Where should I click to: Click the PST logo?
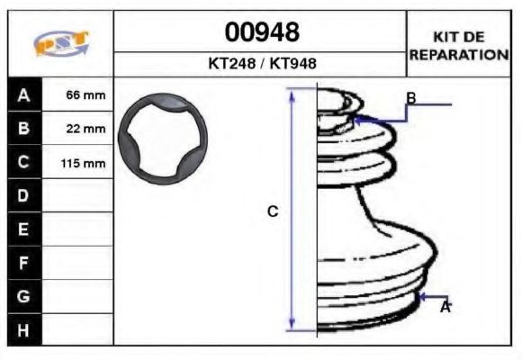(x=61, y=43)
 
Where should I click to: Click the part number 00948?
(x=262, y=32)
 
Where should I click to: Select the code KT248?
(x=232, y=63)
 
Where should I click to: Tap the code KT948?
(x=292, y=63)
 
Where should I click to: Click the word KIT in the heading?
(x=445, y=37)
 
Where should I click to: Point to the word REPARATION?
(x=459, y=55)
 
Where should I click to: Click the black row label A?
(x=24, y=94)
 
